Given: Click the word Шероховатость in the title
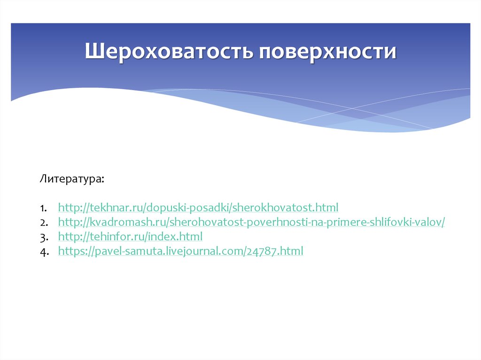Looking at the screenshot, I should tap(170, 51).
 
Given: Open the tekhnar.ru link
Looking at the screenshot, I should tap(198, 207).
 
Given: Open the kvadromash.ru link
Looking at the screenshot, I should tap(251, 222).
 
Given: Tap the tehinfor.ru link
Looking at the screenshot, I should tap(130, 236).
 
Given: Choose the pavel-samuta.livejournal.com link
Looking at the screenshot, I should tap(180, 251).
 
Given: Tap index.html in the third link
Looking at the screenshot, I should tap(180, 236).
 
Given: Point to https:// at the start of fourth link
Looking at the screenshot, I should tap(76, 251).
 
